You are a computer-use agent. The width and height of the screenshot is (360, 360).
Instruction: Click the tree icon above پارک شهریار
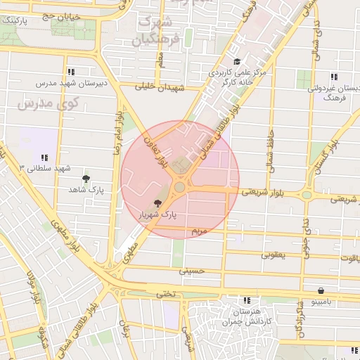[167, 203]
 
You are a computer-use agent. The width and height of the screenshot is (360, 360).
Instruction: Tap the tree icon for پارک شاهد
[86, 179]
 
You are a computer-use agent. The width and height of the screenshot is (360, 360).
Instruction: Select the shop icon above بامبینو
[321, 290]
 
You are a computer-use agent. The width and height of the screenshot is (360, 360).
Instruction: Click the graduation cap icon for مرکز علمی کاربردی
[237, 62]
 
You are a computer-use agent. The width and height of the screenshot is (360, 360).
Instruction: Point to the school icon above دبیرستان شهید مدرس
[71, 72]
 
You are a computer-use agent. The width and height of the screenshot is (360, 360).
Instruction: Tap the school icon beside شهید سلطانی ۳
[44, 157]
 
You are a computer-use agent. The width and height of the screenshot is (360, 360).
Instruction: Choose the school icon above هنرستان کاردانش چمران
[245, 300]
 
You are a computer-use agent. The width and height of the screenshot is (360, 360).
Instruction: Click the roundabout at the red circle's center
[180, 187]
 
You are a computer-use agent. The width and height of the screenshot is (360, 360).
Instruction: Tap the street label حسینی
[191, 270]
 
